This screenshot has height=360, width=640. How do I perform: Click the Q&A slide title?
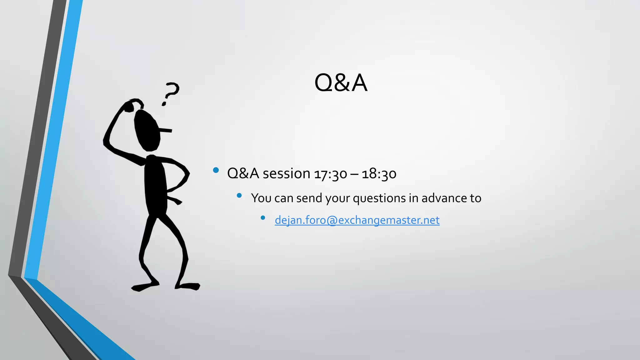(341, 83)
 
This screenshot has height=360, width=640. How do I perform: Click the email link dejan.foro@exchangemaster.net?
(357, 220)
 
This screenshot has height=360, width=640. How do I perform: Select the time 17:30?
(330, 174)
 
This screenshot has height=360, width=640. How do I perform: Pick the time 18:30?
(379, 174)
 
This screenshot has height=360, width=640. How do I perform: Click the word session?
(286, 174)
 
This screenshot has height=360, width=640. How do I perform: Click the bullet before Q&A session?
(216, 170)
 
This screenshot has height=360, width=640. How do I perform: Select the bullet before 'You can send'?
(239, 196)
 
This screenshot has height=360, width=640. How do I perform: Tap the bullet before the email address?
(263, 217)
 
